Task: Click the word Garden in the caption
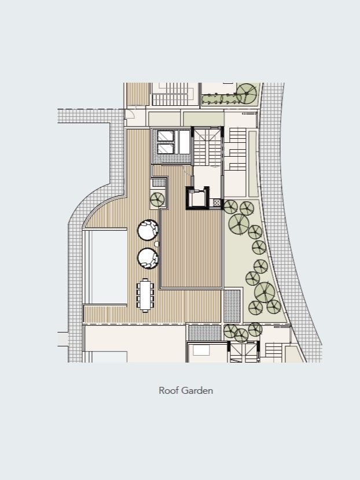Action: (197, 390)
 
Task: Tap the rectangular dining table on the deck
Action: (145, 296)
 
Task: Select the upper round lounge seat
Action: (148, 230)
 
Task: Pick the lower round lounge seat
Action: (148, 259)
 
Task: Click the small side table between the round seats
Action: (157, 244)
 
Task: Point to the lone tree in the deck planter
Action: (157, 200)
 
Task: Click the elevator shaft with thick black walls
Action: (198, 198)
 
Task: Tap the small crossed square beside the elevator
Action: (217, 202)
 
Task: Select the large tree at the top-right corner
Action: (247, 94)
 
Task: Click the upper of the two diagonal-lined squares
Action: (166, 136)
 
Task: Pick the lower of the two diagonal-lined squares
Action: (166, 149)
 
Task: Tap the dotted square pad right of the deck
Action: (232, 306)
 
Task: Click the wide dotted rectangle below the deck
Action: (205, 333)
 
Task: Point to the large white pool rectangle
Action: (109, 267)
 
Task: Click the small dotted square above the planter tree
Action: (159, 183)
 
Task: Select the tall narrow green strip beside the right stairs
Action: (252, 164)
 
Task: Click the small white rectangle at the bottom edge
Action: (201, 350)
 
